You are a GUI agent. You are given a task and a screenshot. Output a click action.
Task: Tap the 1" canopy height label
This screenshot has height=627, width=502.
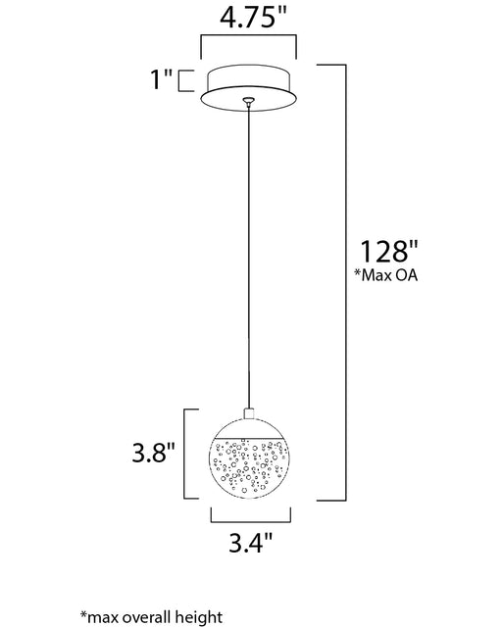click(x=161, y=79)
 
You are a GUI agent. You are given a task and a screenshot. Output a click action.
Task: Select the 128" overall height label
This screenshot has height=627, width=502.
click(x=389, y=251)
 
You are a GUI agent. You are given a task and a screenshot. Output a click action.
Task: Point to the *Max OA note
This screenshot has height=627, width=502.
click(x=386, y=275)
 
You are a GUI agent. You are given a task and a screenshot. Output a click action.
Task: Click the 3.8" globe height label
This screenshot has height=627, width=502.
click(x=154, y=453)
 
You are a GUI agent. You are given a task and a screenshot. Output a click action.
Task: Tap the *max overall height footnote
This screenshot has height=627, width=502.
click(x=151, y=616)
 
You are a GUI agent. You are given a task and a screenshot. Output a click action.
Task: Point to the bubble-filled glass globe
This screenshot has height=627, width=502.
click(x=249, y=458)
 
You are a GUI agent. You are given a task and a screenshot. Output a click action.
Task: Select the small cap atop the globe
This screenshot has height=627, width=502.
click(x=249, y=413)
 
